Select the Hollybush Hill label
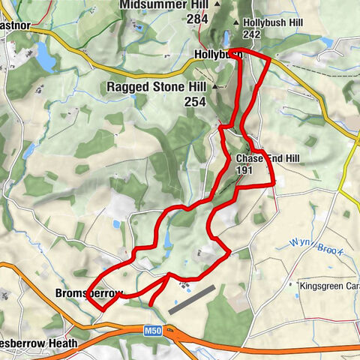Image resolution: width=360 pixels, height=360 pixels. pos(273,22)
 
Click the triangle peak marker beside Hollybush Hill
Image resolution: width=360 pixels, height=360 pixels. pos(237,22)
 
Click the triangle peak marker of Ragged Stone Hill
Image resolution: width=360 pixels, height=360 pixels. pos(214,87)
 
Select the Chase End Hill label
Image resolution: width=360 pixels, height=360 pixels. pos(267,159)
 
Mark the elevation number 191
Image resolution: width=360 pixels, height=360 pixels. pos(244,171)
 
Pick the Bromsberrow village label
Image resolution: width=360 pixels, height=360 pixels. pos(88,294)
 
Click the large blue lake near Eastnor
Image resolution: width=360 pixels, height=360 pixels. pos(44,57)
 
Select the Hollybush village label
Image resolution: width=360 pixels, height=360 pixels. pos(216,55)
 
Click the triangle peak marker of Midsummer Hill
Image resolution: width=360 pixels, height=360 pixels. pos(218,5)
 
